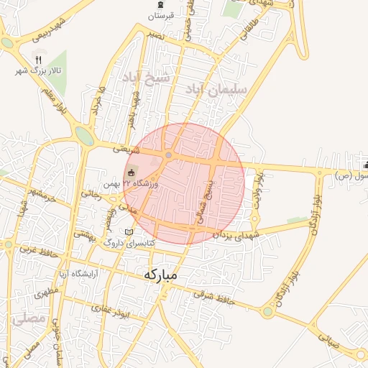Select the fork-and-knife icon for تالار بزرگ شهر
pyautogui.click(x=39, y=60)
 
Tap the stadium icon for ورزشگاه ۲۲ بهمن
pyautogui.click(x=131, y=172)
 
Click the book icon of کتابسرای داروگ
pyautogui.click(x=129, y=232)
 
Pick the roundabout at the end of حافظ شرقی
pyautogui.click(x=268, y=312)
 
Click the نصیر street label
pyautogui.click(x=154, y=34)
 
